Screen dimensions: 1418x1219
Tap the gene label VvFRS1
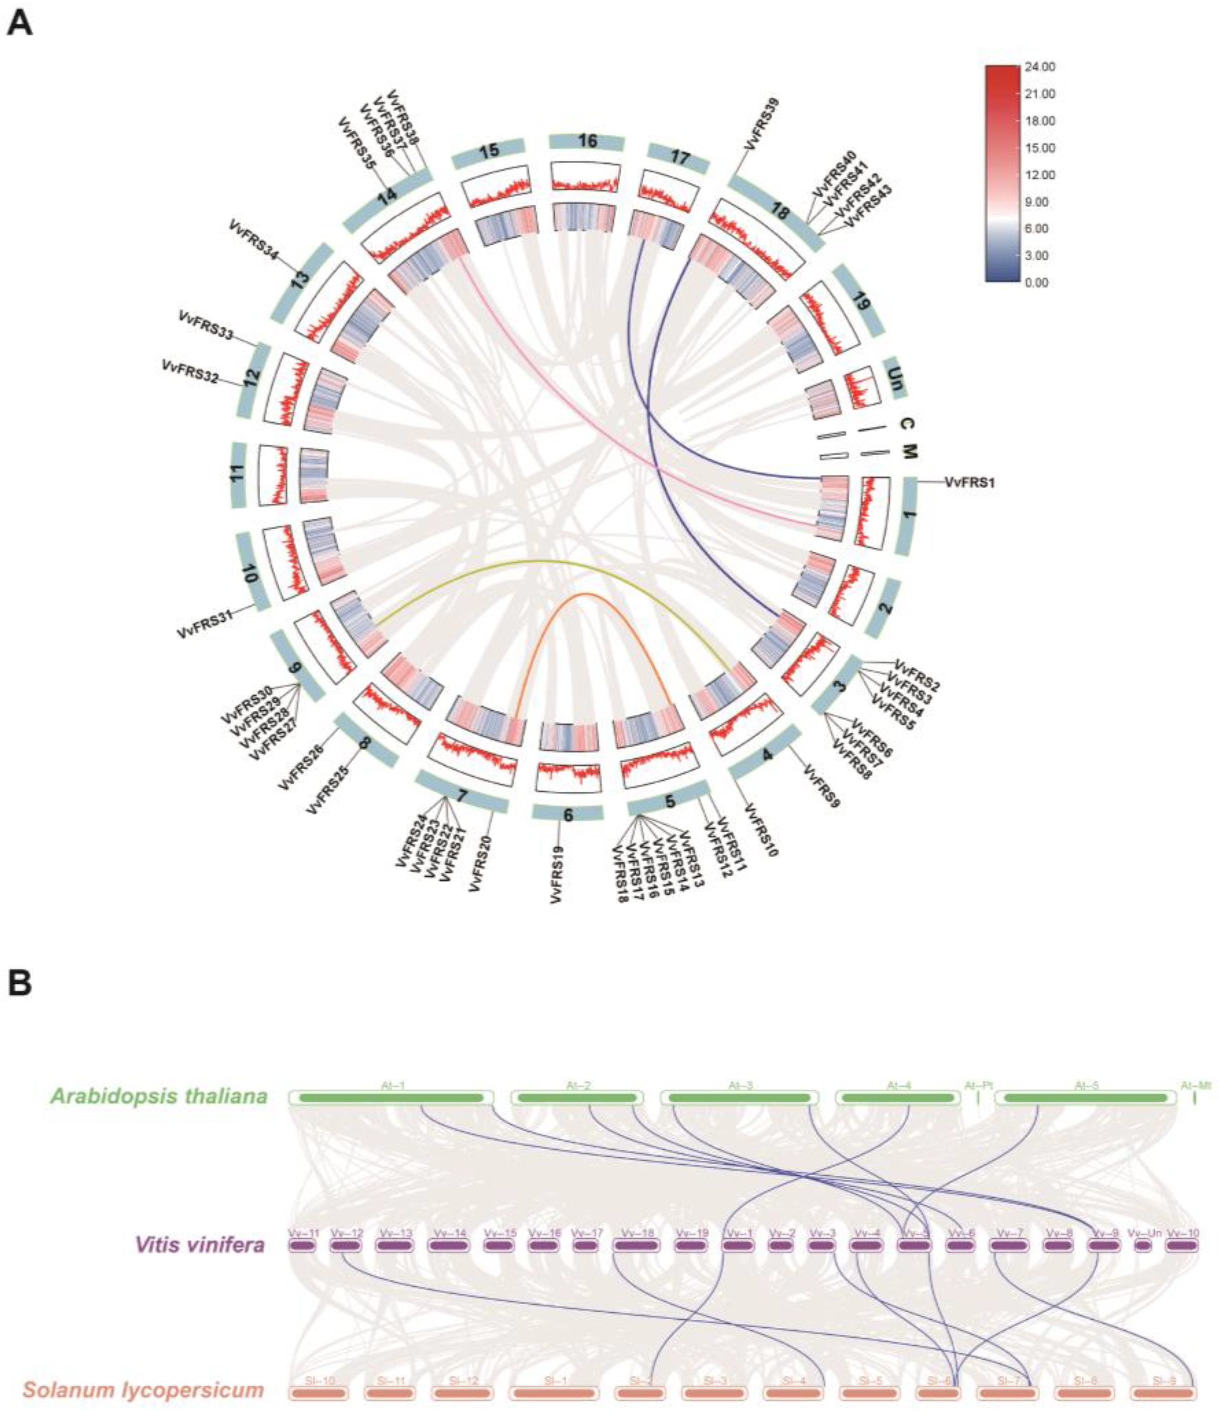coord(969,482)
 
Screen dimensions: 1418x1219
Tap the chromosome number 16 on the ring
coord(587,141)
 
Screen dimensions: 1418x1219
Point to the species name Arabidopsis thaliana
coord(158,1096)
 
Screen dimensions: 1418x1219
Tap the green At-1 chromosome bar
coord(390,1098)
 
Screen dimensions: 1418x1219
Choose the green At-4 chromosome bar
coord(898,1098)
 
